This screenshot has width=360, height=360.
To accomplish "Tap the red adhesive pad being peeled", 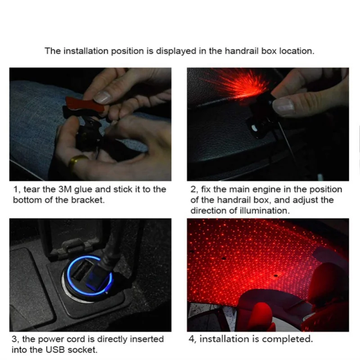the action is pyautogui.click(x=85, y=104).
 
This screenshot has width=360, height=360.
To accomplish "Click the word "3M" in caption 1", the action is pyautogui.click(x=65, y=189).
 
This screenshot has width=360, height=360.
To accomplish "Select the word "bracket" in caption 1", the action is pyautogui.click(x=87, y=200).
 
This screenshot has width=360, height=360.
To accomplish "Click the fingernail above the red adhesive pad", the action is pyautogui.click(x=103, y=97).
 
